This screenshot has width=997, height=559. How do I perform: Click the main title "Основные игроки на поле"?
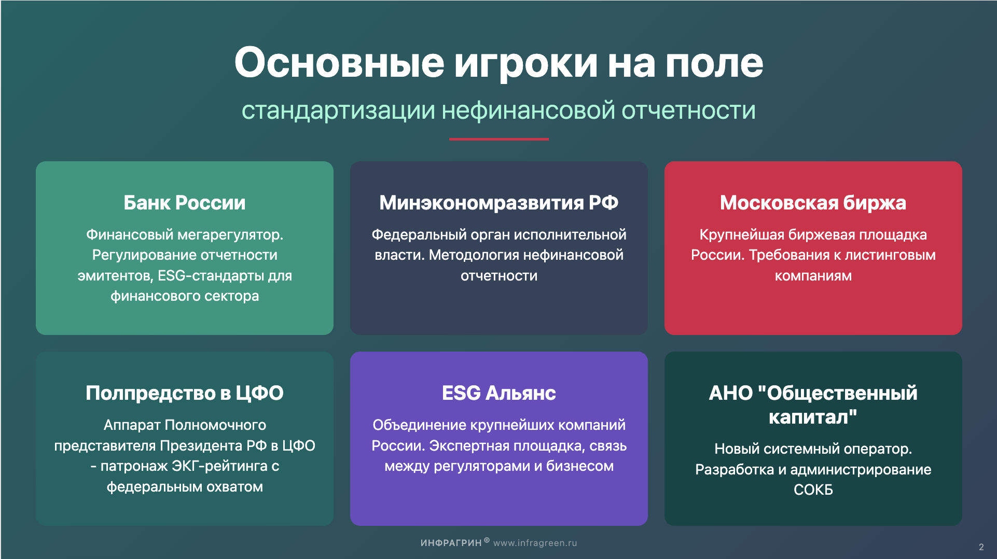(x=499, y=63)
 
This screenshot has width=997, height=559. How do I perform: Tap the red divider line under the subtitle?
(x=499, y=139)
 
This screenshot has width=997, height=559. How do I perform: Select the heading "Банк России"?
(x=184, y=203)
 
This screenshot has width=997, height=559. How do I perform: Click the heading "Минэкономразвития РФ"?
(x=499, y=203)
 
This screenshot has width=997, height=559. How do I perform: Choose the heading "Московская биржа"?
(x=813, y=203)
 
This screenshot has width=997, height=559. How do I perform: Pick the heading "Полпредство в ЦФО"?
(x=184, y=393)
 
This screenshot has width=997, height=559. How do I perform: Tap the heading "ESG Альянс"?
(x=499, y=393)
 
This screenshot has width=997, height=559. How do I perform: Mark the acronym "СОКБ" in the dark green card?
(x=813, y=490)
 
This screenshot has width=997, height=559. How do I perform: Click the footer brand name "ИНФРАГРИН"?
(x=451, y=543)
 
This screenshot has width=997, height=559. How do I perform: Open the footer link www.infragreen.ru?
(x=535, y=543)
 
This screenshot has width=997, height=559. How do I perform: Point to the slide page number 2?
(x=981, y=547)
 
